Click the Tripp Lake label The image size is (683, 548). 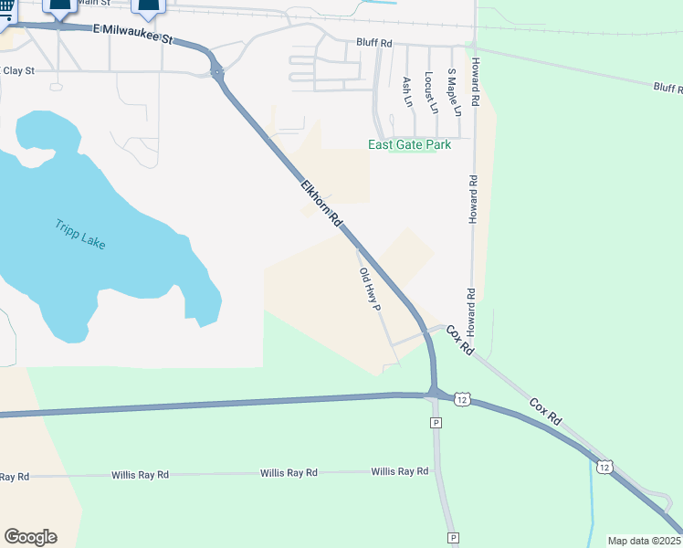click(79, 237)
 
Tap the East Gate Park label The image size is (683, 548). click(409, 144)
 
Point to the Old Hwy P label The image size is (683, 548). click(369, 290)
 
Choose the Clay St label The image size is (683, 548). click(18, 69)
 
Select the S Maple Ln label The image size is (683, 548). click(453, 90)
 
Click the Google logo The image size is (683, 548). click(30, 537)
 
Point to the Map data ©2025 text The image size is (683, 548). click(643, 540)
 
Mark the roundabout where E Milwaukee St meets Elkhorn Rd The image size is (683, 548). click(218, 71)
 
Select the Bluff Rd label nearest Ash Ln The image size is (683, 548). click(374, 43)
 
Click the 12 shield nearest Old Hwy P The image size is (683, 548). click(463, 400)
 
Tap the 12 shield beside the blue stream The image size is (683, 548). click(604, 467)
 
